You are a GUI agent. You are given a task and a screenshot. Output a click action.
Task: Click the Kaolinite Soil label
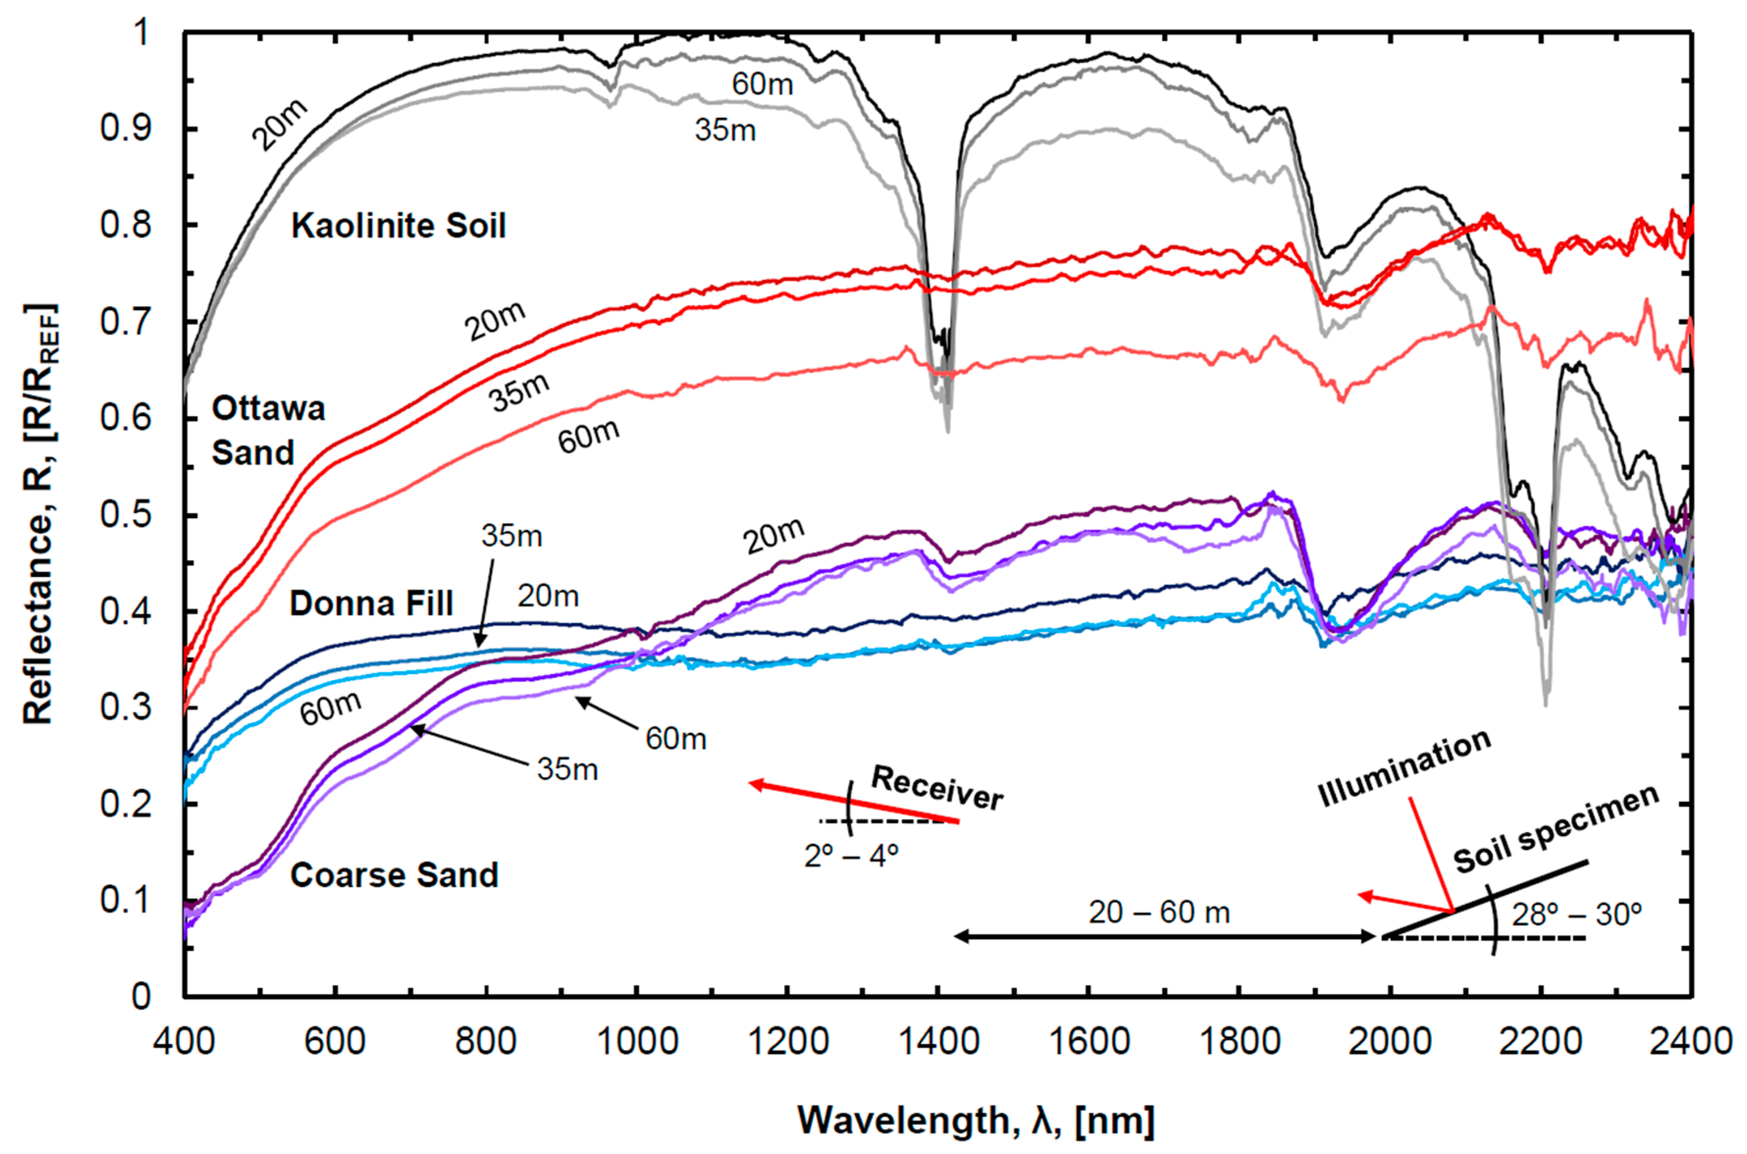pyautogui.click(x=398, y=226)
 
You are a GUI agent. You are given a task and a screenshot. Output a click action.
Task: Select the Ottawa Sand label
pyautogui.click(x=268, y=431)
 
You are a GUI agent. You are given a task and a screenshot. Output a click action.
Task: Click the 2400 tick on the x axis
pyautogui.click(x=1691, y=1042)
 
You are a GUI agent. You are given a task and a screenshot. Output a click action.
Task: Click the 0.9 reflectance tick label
pyautogui.click(x=125, y=129)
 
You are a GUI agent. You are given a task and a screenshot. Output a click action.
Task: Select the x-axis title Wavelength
pyautogui.click(x=976, y=1121)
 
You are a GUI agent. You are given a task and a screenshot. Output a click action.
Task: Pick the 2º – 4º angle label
pyautogui.click(x=852, y=856)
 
